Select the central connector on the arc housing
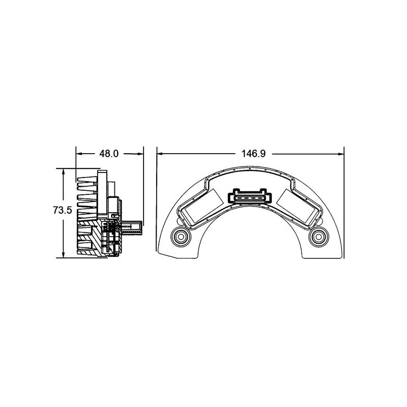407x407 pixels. [250, 197]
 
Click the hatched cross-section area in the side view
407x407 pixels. [89, 239]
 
